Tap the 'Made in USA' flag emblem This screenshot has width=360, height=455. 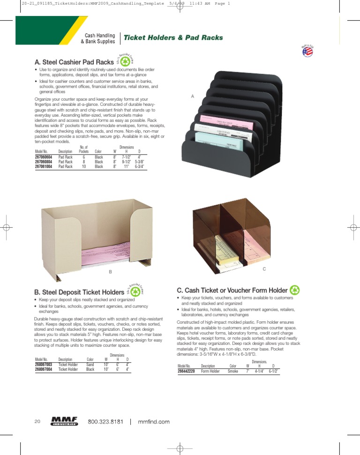307,51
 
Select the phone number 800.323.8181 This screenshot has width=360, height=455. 105,422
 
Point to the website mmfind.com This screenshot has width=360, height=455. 154,422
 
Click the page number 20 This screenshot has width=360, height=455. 37,422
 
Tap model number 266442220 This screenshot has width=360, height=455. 186,371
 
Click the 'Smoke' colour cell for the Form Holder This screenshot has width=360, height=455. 233,371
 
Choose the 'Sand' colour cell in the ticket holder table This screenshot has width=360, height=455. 90,364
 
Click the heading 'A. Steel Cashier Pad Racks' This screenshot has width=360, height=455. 74,62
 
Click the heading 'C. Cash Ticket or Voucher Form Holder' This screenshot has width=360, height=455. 232,291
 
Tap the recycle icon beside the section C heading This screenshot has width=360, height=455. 295,290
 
